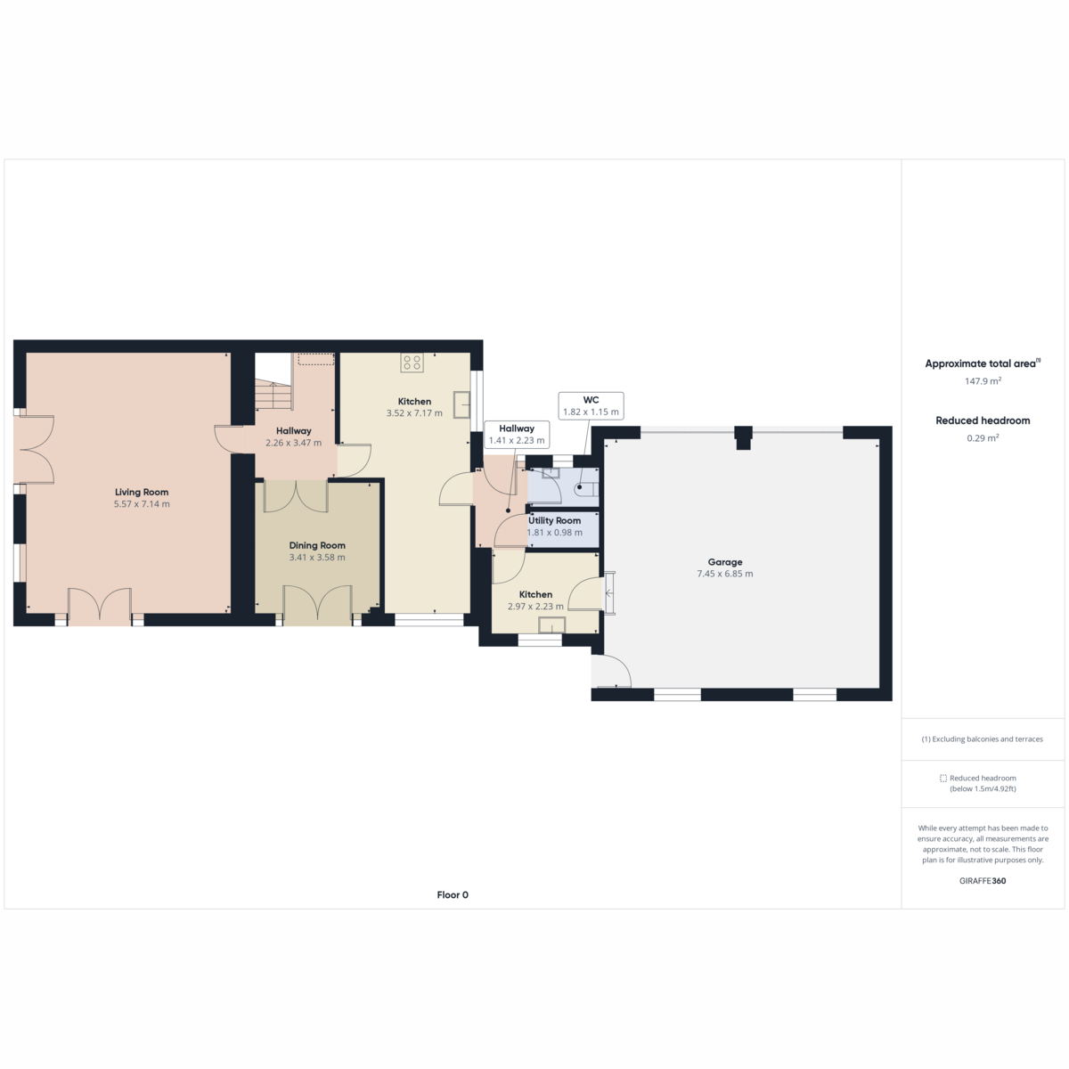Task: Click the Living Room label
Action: pos(142,492)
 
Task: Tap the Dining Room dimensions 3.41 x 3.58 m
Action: pos(317,558)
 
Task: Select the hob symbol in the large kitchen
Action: pos(412,363)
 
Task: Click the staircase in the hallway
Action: pos(273,395)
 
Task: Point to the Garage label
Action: pos(725,562)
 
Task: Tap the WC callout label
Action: pos(591,406)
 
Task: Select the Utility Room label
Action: pos(554,520)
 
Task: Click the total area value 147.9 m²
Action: pos(983,381)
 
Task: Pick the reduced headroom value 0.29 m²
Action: pos(983,437)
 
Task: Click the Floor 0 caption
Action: pos(453,894)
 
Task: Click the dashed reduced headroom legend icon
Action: pos(943,779)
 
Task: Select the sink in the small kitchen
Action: pos(551,626)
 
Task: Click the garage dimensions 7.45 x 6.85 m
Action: pos(725,574)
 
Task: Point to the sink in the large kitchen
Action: pos(461,404)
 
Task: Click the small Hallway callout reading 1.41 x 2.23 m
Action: pos(517,435)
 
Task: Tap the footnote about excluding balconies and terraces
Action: pos(983,739)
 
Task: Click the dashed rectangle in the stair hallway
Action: pos(316,359)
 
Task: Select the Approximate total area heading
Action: pos(983,364)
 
